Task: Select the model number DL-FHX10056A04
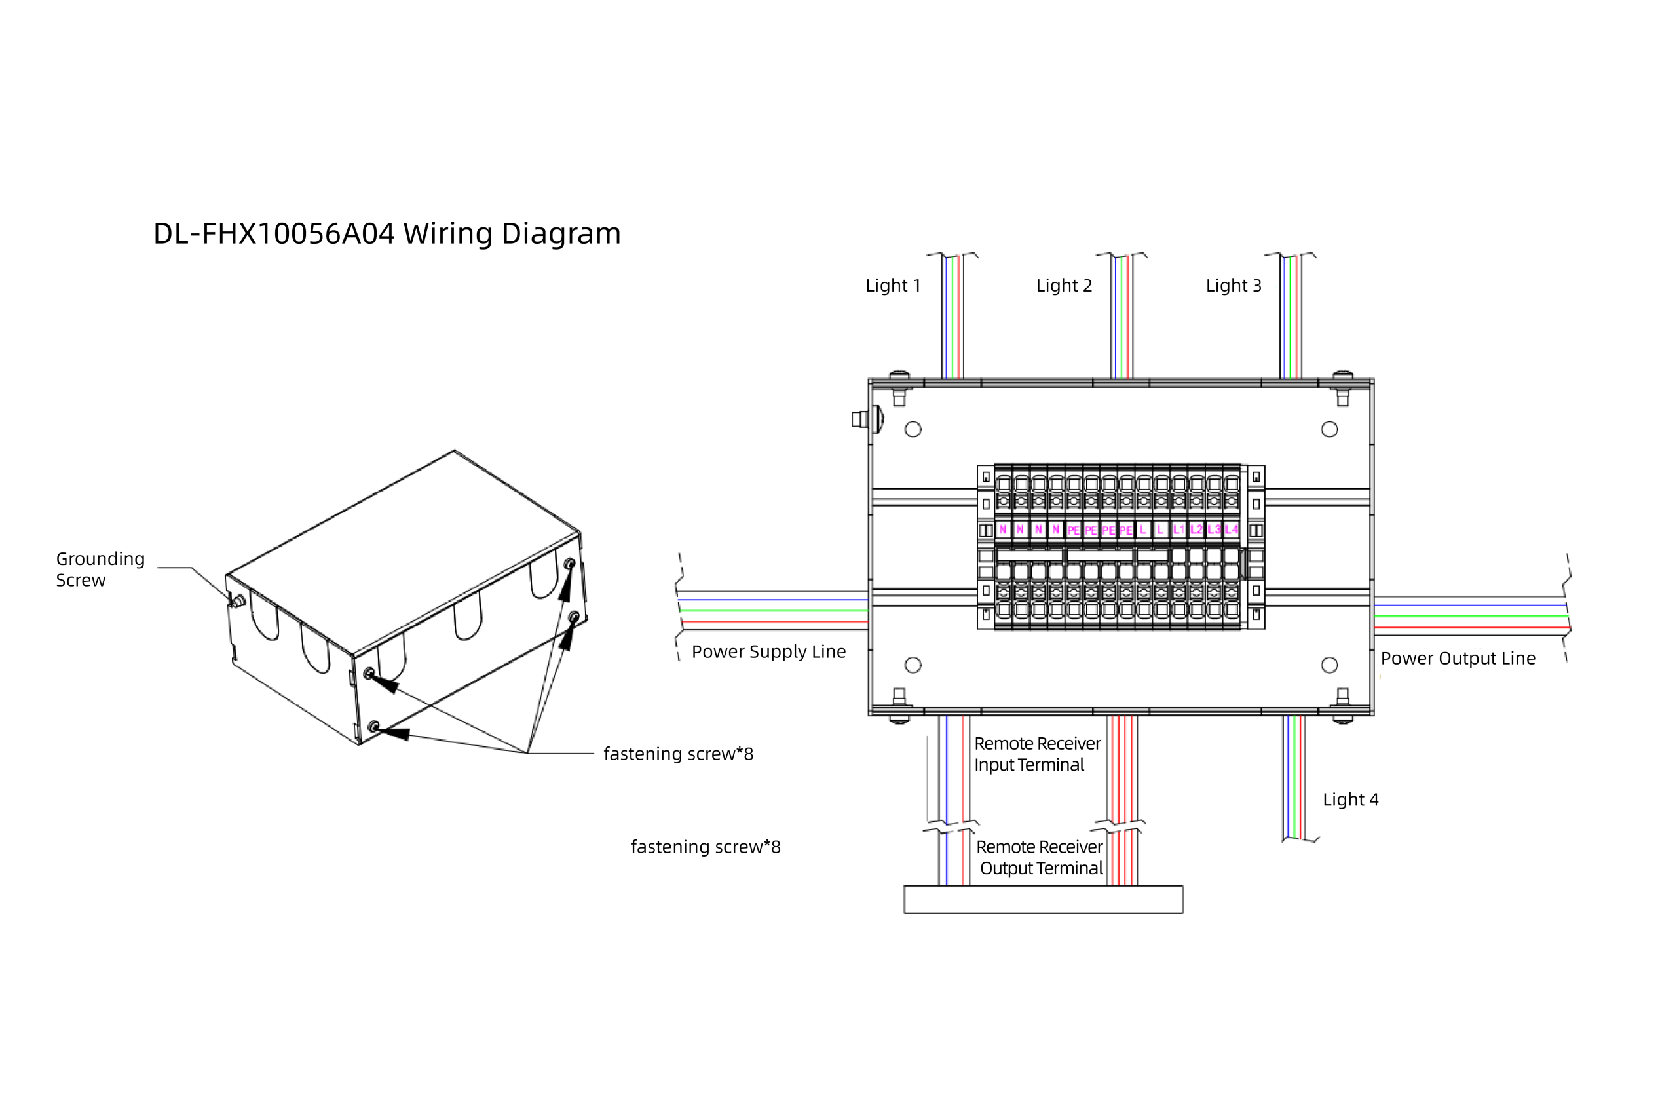[274, 234]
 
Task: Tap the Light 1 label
[893, 286]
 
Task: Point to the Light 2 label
[1064, 286]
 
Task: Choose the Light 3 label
[1234, 286]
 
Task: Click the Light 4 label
[1351, 800]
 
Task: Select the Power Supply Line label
[768, 651]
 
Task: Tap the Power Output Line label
[1458, 659]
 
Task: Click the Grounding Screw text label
[100, 569]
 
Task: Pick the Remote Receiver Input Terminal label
[1037, 754]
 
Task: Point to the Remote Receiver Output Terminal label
[1040, 858]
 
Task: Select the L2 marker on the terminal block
[1196, 530]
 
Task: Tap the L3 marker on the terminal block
[1214, 530]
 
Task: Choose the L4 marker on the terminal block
[1232, 530]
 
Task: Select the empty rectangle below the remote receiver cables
[1044, 899]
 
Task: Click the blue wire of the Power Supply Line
[773, 600]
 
